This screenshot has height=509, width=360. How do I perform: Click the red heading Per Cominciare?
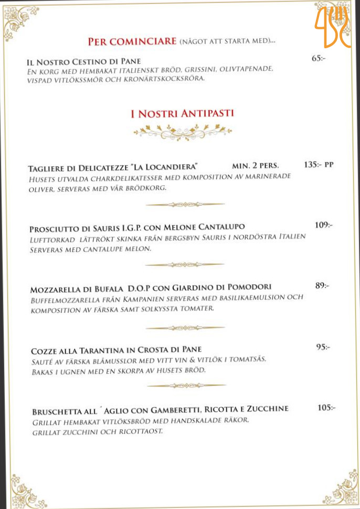[x=132, y=41]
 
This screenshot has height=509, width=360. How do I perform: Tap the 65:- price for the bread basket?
[x=318, y=58]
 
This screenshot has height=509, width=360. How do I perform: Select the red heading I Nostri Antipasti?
[x=182, y=113]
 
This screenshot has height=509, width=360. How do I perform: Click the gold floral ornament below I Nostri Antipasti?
[x=182, y=132]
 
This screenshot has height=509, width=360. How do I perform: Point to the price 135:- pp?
[x=318, y=165]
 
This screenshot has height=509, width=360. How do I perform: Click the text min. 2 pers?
[x=256, y=166]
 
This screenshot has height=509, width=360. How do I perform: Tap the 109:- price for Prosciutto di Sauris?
[x=323, y=225]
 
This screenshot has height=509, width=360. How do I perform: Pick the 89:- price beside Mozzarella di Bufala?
[x=322, y=285]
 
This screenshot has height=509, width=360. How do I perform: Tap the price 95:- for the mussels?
[x=323, y=347]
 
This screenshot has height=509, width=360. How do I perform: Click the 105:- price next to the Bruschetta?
[x=326, y=408]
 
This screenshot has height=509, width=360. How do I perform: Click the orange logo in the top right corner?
[x=333, y=26]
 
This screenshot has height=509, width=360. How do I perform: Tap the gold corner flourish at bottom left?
[x=22, y=490]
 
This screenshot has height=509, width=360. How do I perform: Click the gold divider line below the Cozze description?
[x=186, y=386]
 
